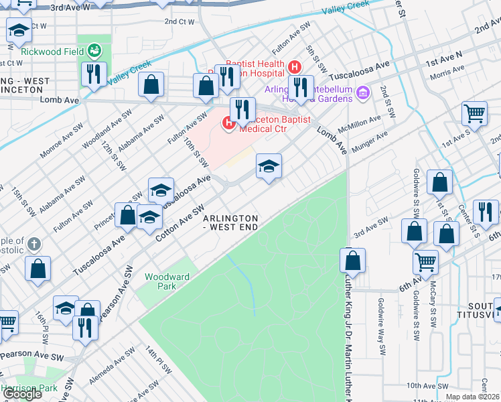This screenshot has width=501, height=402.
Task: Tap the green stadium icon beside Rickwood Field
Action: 95,50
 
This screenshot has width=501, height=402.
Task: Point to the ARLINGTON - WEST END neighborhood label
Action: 230,223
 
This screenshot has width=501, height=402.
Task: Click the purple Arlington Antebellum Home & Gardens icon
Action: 363,91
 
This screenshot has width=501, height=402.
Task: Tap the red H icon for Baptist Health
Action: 295,66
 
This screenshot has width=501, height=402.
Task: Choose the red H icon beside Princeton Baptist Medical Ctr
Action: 228,123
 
